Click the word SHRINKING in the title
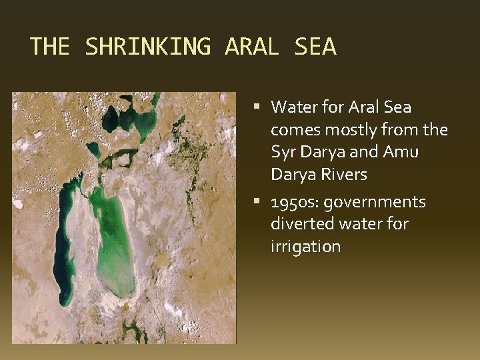pos(147,47)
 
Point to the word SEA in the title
pos(315,47)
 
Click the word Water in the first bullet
pos(294,107)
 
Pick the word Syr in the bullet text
pos(283,152)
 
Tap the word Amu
pos(401,152)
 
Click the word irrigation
pos(305,247)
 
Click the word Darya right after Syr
pos(321,152)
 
